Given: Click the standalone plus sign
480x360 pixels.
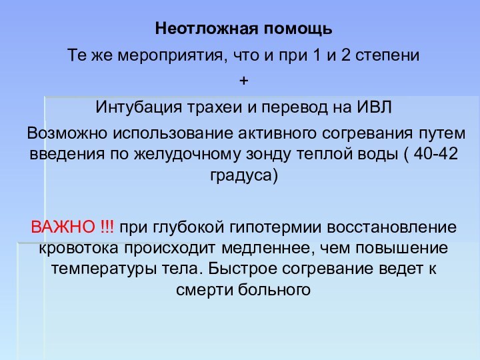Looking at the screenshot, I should (243, 81).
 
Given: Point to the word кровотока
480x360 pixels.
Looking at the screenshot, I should (78, 249).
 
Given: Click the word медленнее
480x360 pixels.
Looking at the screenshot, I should (275, 249).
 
